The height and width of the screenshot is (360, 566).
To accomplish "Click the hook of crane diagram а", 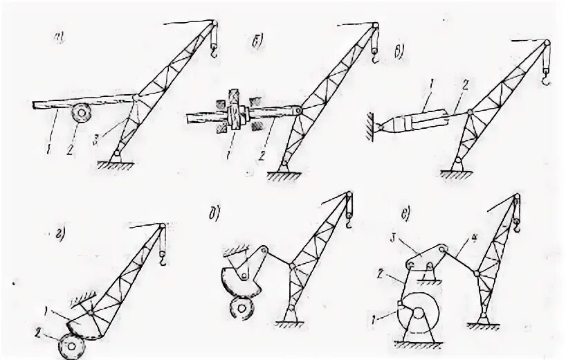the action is tap(213, 50).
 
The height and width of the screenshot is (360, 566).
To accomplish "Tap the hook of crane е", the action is tap(515, 224).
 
